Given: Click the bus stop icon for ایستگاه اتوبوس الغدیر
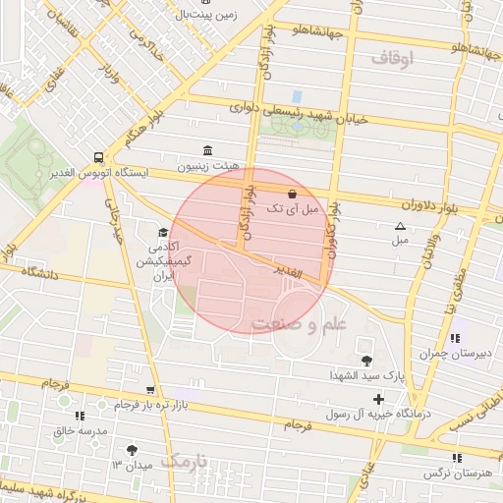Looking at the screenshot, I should pyautogui.click(x=98, y=156).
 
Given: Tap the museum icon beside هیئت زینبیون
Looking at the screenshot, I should pyautogui.click(x=206, y=149).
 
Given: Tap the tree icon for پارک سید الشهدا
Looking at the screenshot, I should pyautogui.click(x=367, y=360).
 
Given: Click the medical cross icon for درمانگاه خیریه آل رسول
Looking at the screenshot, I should pyautogui.click(x=378, y=399).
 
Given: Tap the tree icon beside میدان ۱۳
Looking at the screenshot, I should pyautogui.click(x=133, y=449).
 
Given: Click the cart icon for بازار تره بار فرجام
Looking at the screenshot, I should pyautogui.click(x=149, y=390).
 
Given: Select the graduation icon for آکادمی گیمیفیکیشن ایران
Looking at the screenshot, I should pyautogui.click(x=162, y=233).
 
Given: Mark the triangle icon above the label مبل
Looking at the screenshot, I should pyautogui.click(x=400, y=226).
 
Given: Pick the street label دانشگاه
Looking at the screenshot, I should pyautogui.click(x=38, y=272).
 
